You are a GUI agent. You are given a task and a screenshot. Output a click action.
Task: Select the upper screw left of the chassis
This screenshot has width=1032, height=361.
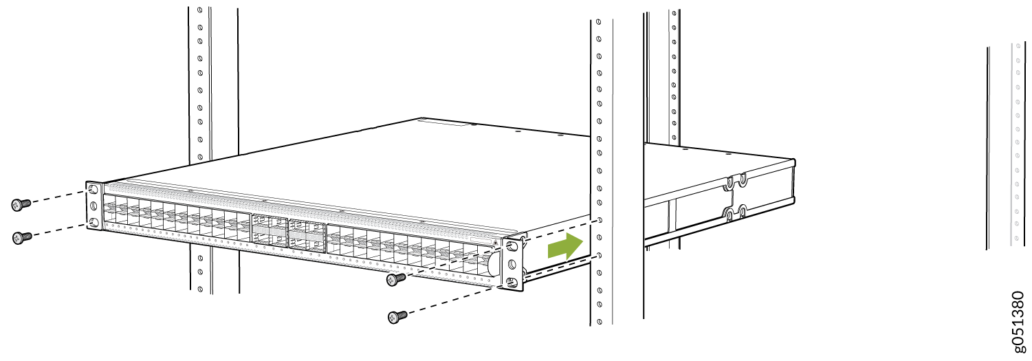pyautogui.click(x=21, y=204)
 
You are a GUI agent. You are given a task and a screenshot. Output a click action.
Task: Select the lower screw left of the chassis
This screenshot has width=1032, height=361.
pyautogui.click(x=21, y=237)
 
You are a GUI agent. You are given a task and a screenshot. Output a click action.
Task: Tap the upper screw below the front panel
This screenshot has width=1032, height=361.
pyautogui.click(x=396, y=278)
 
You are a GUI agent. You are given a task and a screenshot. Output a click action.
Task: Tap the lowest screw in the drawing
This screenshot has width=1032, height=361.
pyautogui.click(x=397, y=317)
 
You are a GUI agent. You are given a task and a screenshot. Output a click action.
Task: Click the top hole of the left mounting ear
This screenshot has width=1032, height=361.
pyautogui.click(x=94, y=190)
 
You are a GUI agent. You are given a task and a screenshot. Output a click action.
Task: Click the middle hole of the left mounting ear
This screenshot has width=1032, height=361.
pyautogui.click(x=94, y=206)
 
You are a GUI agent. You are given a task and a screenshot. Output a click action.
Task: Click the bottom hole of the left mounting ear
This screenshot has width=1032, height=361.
pyautogui.click(x=94, y=222)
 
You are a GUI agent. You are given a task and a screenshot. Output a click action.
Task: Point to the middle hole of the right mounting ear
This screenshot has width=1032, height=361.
pyautogui.click(x=512, y=264)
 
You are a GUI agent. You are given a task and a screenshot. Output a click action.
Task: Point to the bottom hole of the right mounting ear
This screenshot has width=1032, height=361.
pyautogui.click(x=512, y=282)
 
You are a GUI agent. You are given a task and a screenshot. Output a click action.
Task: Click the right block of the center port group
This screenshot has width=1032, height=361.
pyautogui.click(x=307, y=237)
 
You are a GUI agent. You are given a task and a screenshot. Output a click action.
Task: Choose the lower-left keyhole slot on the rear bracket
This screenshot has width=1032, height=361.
pyautogui.click(x=728, y=215)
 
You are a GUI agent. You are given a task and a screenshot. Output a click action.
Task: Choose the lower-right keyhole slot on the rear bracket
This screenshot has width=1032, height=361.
pyautogui.click(x=742, y=212)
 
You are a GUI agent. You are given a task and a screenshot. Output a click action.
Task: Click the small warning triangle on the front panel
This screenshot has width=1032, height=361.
pyautogui.click(x=494, y=241)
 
